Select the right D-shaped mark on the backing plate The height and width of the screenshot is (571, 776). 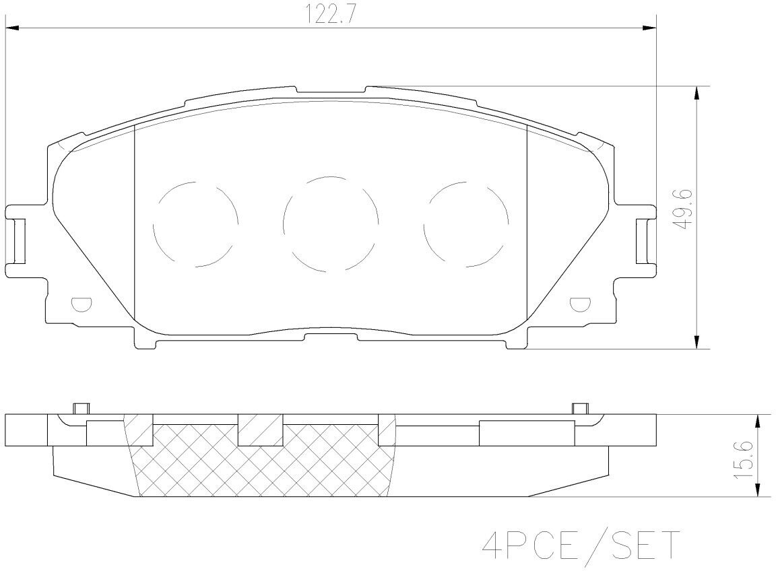[580, 304]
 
